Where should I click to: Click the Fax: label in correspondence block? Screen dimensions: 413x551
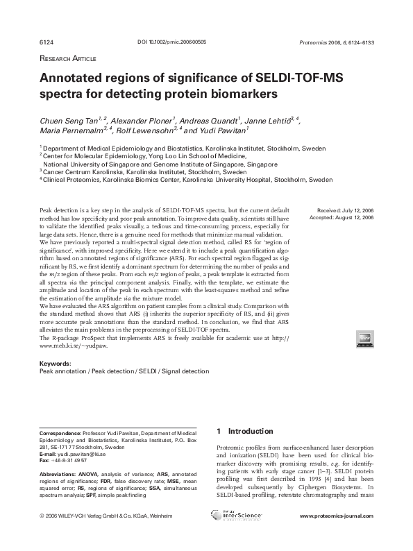[44, 460]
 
